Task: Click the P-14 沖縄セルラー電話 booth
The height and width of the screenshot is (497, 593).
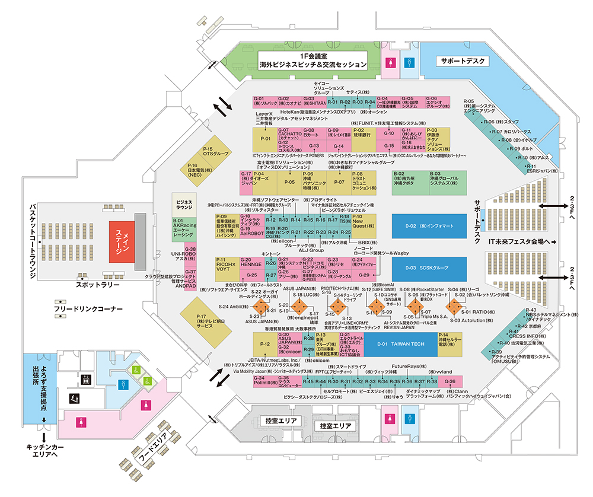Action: pyautogui.click(x=450, y=343)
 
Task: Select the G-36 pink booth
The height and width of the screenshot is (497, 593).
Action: pyautogui.click(x=451, y=381)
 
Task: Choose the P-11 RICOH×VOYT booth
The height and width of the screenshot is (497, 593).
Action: pyautogui.click(x=226, y=267)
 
